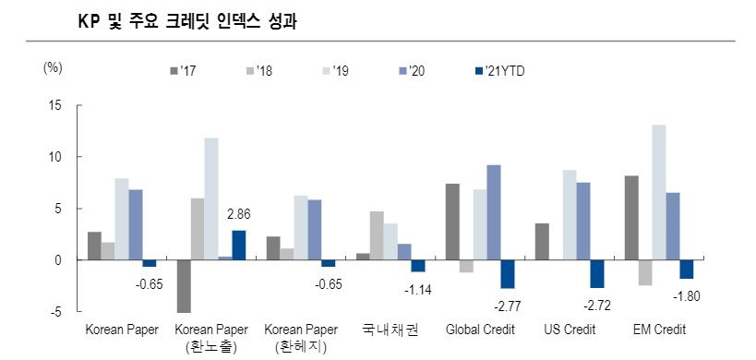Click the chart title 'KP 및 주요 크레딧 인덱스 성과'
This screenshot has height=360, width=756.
(192, 18)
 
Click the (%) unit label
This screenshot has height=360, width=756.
(53, 67)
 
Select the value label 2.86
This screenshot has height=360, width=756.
(238, 214)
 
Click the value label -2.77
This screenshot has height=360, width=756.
(507, 305)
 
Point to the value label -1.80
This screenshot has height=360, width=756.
(686, 295)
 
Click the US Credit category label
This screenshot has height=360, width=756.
(569, 330)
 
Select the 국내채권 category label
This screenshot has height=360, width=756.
(390, 330)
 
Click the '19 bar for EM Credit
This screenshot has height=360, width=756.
(658, 192)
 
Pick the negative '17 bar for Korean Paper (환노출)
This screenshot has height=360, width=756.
(184, 286)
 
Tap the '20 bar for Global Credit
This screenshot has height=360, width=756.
(494, 212)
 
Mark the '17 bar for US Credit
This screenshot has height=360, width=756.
(542, 242)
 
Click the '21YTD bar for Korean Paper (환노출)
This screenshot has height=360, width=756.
(238, 245)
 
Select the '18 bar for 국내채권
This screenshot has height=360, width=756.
(377, 235)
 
